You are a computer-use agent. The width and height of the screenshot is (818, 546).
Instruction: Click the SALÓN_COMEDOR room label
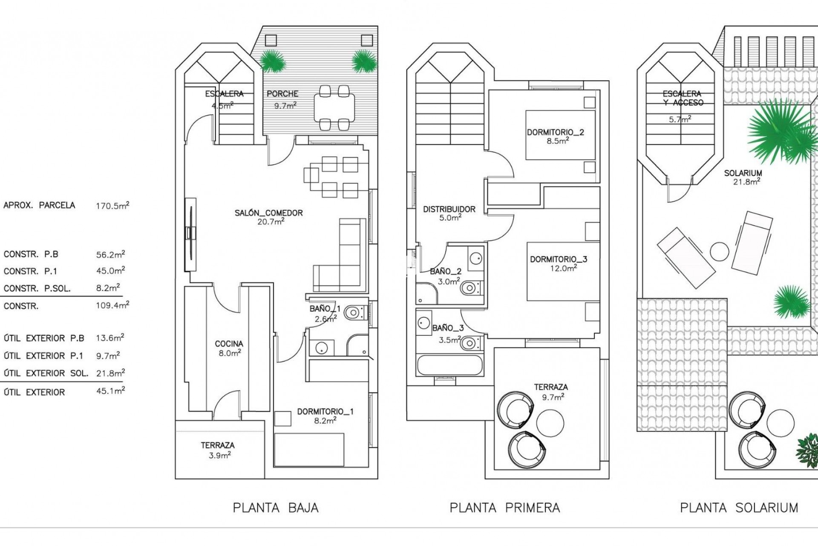point(268,213)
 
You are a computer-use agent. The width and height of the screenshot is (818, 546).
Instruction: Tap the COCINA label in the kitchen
point(229,344)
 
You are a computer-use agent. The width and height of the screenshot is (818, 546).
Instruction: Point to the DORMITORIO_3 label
point(558,259)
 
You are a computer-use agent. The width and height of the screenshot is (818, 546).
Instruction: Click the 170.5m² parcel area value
point(112,206)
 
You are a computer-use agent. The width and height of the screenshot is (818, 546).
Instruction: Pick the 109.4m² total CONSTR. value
point(112,305)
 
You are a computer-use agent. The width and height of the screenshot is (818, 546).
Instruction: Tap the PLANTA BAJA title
point(276,508)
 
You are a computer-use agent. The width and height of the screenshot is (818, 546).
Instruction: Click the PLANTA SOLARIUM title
point(739,508)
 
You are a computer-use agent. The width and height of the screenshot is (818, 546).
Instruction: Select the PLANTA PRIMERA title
point(505,508)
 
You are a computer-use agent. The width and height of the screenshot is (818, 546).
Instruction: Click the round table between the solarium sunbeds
point(720,252)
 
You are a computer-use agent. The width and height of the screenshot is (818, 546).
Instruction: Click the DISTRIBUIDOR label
point(449,209)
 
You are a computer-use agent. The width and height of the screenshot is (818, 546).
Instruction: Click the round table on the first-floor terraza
point(550,422)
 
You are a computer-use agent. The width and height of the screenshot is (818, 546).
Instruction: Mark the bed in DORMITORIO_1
point(309,450)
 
